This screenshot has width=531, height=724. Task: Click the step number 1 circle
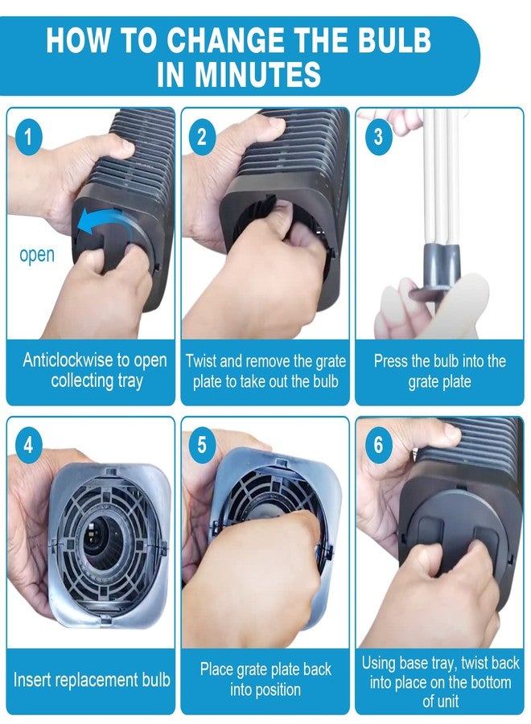tap(28, 137)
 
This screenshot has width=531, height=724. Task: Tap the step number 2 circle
tap(202, 137)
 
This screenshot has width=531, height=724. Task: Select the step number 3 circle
tap(378, 137)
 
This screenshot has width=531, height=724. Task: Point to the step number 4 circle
tap(28, 445)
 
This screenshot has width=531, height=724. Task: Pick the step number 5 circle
tap(202, 445)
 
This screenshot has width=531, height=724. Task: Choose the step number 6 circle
tap(378, 445)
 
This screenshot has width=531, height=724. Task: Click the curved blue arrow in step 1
tap(102, 217)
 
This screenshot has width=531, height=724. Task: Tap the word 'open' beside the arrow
tap(37, 255)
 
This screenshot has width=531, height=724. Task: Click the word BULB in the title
tap(394, 40)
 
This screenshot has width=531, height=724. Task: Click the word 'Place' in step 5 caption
tap(216, 668)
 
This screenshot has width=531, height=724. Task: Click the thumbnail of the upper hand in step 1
tap(123, 147)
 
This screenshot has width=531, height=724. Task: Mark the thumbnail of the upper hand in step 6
tap(451, 432)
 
